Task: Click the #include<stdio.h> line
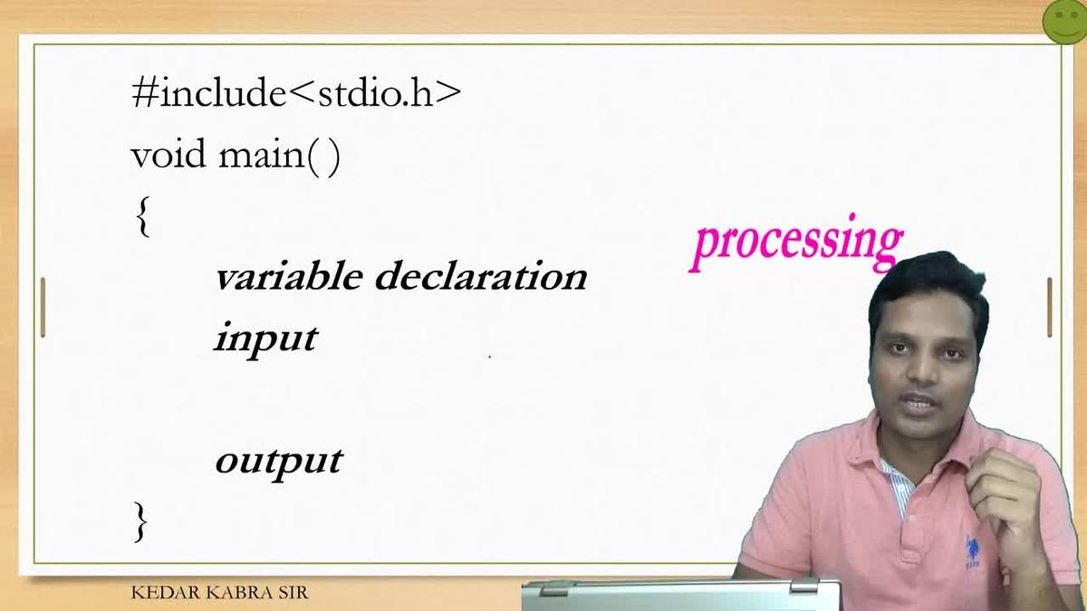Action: pyautogui.click(x=296, y=93)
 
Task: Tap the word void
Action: pyautogui.click(x=168, y=156)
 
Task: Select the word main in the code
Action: pyautogui.click(x=262, y=156)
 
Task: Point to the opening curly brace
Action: pyautogui.click(x=142, y=217)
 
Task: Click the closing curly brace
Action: pyautogui.click(x=140, y=522)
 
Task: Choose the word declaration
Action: pyautogui.click(x=481, y=275)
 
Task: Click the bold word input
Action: pyautogui.click(x=265, y=339)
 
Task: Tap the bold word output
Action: pyautogui.click(x=278, y=460)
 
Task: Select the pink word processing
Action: pyautogui.click(x=796, y=243)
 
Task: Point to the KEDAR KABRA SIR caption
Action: pyautogui.click(x=219, y=594)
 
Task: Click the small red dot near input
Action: pyautogui.click(x=489, y=357)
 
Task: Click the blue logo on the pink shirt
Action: pyautogui.click(x=973, y=553)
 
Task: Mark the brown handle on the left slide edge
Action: pyautogui.click(x=43, y=307)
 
